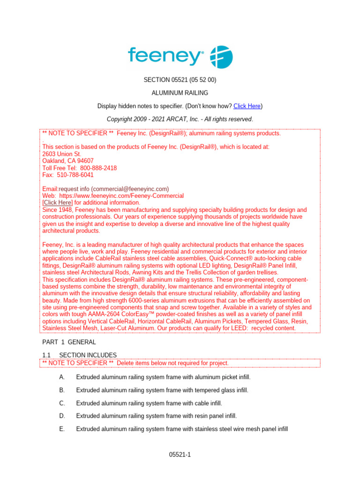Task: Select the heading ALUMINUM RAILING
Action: (x=180, y=93)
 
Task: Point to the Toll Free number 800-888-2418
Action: (x=98, y=168)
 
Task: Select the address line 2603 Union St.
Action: (x=62, y=154)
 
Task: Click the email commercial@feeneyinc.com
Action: (x=132, y=188)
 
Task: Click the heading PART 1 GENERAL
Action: (x=69, y=342)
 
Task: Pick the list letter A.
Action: (x=62, y=377)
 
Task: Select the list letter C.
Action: (x=62, y=403)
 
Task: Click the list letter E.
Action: (x=62, y=428)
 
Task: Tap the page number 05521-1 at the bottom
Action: (x=180, y=455)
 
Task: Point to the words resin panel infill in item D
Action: (x=214, y=416)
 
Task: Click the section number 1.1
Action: (x=47, y=355)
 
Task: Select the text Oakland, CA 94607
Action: (x=67, y=161)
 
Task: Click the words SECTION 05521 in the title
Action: (x=164, y=80)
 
